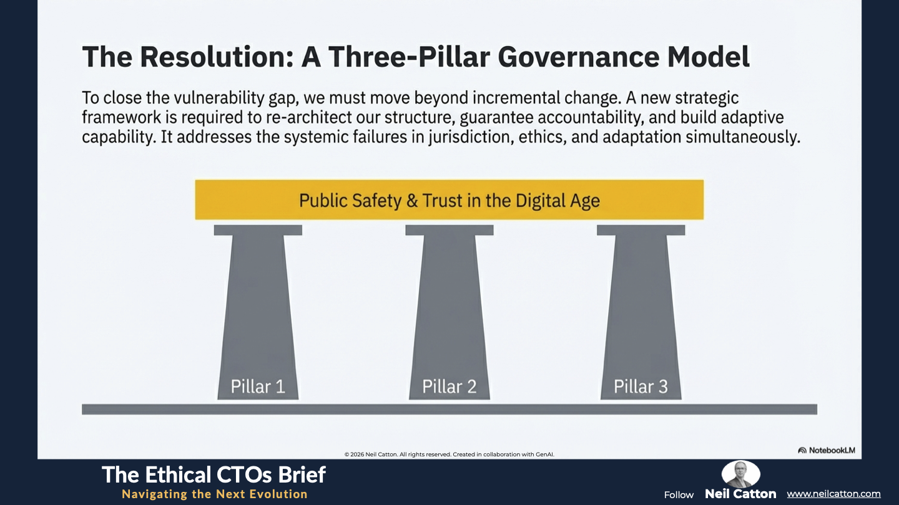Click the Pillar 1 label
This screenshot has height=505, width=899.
[x=258, y=387]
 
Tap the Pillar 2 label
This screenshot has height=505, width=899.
[x=449, y=387]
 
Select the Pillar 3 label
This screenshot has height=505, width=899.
[x=641, y=387]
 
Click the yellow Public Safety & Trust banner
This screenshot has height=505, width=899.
[x=449, y=200]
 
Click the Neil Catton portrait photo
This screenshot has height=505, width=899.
[x=740, y=474]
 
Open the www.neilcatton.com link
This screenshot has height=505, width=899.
[x=833, y=494]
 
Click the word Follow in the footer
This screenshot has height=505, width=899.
[x=679, y=495]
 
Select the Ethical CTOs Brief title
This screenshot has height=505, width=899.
[x=214, y=474]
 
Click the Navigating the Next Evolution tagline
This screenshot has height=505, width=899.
[x=214, y=494]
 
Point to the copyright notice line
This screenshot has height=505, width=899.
[x=449, y=454]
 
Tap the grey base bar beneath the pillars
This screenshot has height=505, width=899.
[x=449, y=409]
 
